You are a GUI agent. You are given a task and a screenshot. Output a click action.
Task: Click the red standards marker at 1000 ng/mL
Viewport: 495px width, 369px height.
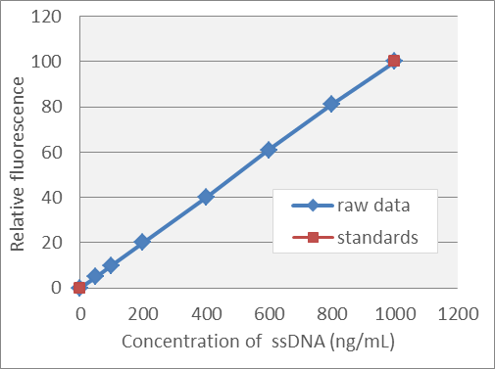pos(394,61)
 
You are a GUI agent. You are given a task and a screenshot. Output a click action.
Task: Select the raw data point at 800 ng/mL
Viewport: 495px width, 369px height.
pos(331,104)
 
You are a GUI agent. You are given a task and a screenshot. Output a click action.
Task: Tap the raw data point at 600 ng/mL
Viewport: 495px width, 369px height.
pos(269,150)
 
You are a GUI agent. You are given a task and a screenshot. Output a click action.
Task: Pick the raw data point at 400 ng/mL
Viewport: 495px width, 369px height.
pos(206,197)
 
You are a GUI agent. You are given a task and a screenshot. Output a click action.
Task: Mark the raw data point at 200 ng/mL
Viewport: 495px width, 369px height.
pos(142,242)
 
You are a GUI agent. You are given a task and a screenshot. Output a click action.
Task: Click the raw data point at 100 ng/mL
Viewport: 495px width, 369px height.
pos(111,265)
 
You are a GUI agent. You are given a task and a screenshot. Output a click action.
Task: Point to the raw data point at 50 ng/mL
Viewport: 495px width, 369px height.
pos(95,276)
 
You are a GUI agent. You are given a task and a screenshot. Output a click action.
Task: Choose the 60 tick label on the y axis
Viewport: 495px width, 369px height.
pos(49,152)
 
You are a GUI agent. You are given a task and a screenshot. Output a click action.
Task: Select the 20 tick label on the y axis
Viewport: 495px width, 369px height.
pos(49,242)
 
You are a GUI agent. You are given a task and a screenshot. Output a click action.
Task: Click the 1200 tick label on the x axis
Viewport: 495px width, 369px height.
pos(457,314)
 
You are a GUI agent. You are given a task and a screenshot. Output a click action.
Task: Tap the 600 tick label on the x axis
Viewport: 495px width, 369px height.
pos(269,314)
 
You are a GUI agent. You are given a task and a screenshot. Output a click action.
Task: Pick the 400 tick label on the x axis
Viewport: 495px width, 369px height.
pos(206,314)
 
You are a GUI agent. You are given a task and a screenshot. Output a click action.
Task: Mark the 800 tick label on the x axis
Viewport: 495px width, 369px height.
pos(331,314)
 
